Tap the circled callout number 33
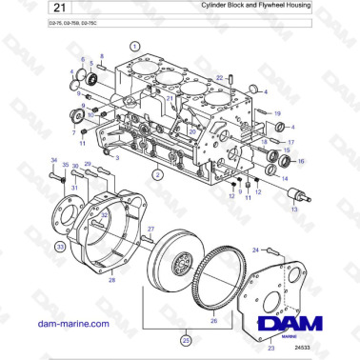pyautogui.click(x=60, y=246)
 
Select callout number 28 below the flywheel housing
pyautogui.click(x=111, y=279)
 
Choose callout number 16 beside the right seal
pyautogui.click(x=302, y=161)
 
